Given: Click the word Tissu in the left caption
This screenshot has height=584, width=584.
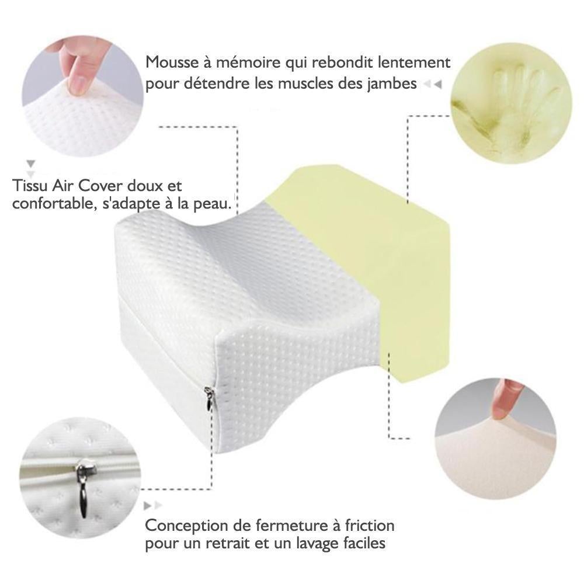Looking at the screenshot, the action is click(x=30, y=186).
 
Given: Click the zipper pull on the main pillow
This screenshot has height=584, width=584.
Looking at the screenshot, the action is click(x=209, y=398).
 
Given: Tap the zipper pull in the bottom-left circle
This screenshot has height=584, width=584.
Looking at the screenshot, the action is click(x=82, y=489).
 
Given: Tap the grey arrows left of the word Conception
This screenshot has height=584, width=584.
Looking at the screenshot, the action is click(x=153, y=505).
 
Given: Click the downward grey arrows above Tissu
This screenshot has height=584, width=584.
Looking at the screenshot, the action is click(x=31, y=168).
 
